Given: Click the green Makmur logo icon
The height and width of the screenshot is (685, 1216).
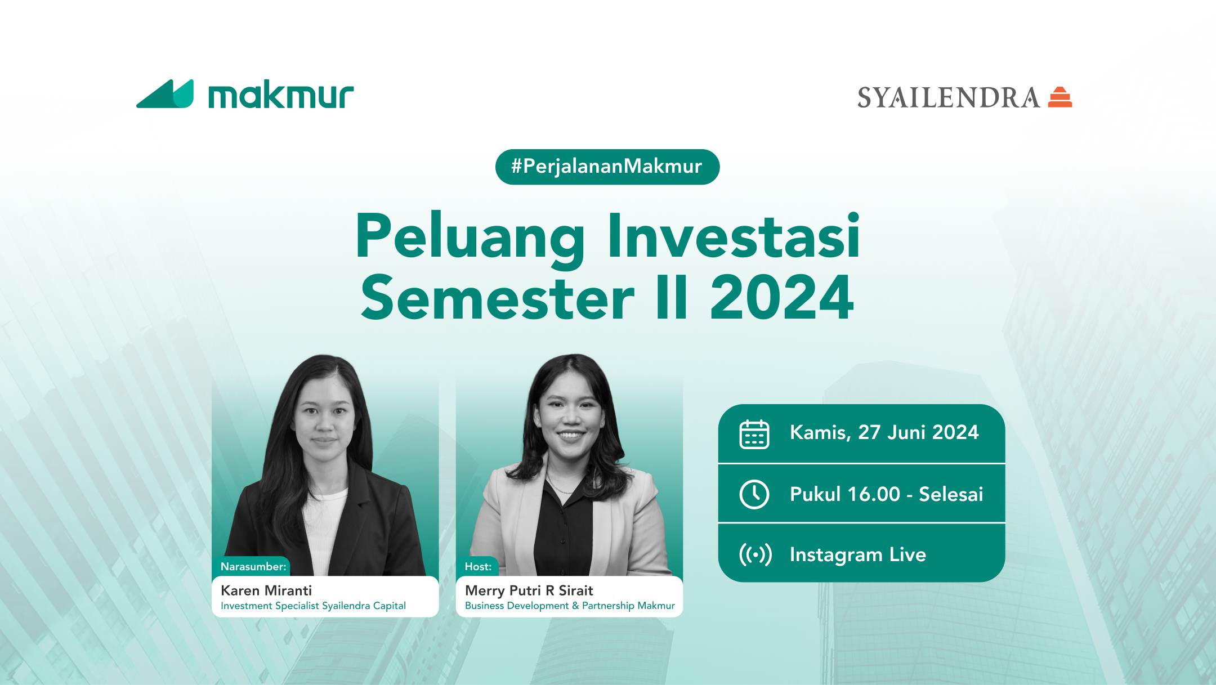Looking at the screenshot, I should (165, 94).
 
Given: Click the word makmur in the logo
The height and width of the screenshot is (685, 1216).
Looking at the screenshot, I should (281, 95).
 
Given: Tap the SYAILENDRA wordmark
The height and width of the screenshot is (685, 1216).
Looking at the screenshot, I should (949, 98).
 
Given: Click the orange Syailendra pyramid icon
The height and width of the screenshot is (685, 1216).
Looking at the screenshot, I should (1060, 97).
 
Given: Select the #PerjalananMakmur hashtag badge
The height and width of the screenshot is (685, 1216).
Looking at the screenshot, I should (607, 167).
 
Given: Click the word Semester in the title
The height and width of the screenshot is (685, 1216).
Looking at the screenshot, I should (498, 298).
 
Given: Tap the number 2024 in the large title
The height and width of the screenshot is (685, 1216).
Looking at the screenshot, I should (782, 298).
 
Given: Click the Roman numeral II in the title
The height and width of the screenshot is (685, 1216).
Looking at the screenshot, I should (672, 298).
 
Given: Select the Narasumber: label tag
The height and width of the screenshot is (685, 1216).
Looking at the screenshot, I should (253, 566).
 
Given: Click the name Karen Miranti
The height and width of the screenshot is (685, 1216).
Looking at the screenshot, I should (266, 590).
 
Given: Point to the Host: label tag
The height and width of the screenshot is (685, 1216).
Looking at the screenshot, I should (478, 566).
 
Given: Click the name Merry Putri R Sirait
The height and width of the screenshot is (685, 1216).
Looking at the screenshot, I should (529, 590).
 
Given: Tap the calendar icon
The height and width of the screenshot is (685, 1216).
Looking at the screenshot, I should (754, 434).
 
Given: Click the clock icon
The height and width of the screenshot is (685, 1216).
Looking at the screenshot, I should (754, 494).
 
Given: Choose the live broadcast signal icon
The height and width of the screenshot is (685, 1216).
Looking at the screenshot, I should (755, 554).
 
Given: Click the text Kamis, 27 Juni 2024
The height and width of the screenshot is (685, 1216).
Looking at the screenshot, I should (884, 432).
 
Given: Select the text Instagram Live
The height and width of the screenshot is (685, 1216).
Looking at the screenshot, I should (857, 554).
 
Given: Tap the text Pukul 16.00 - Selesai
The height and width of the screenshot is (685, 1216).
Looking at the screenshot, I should (886, 494).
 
